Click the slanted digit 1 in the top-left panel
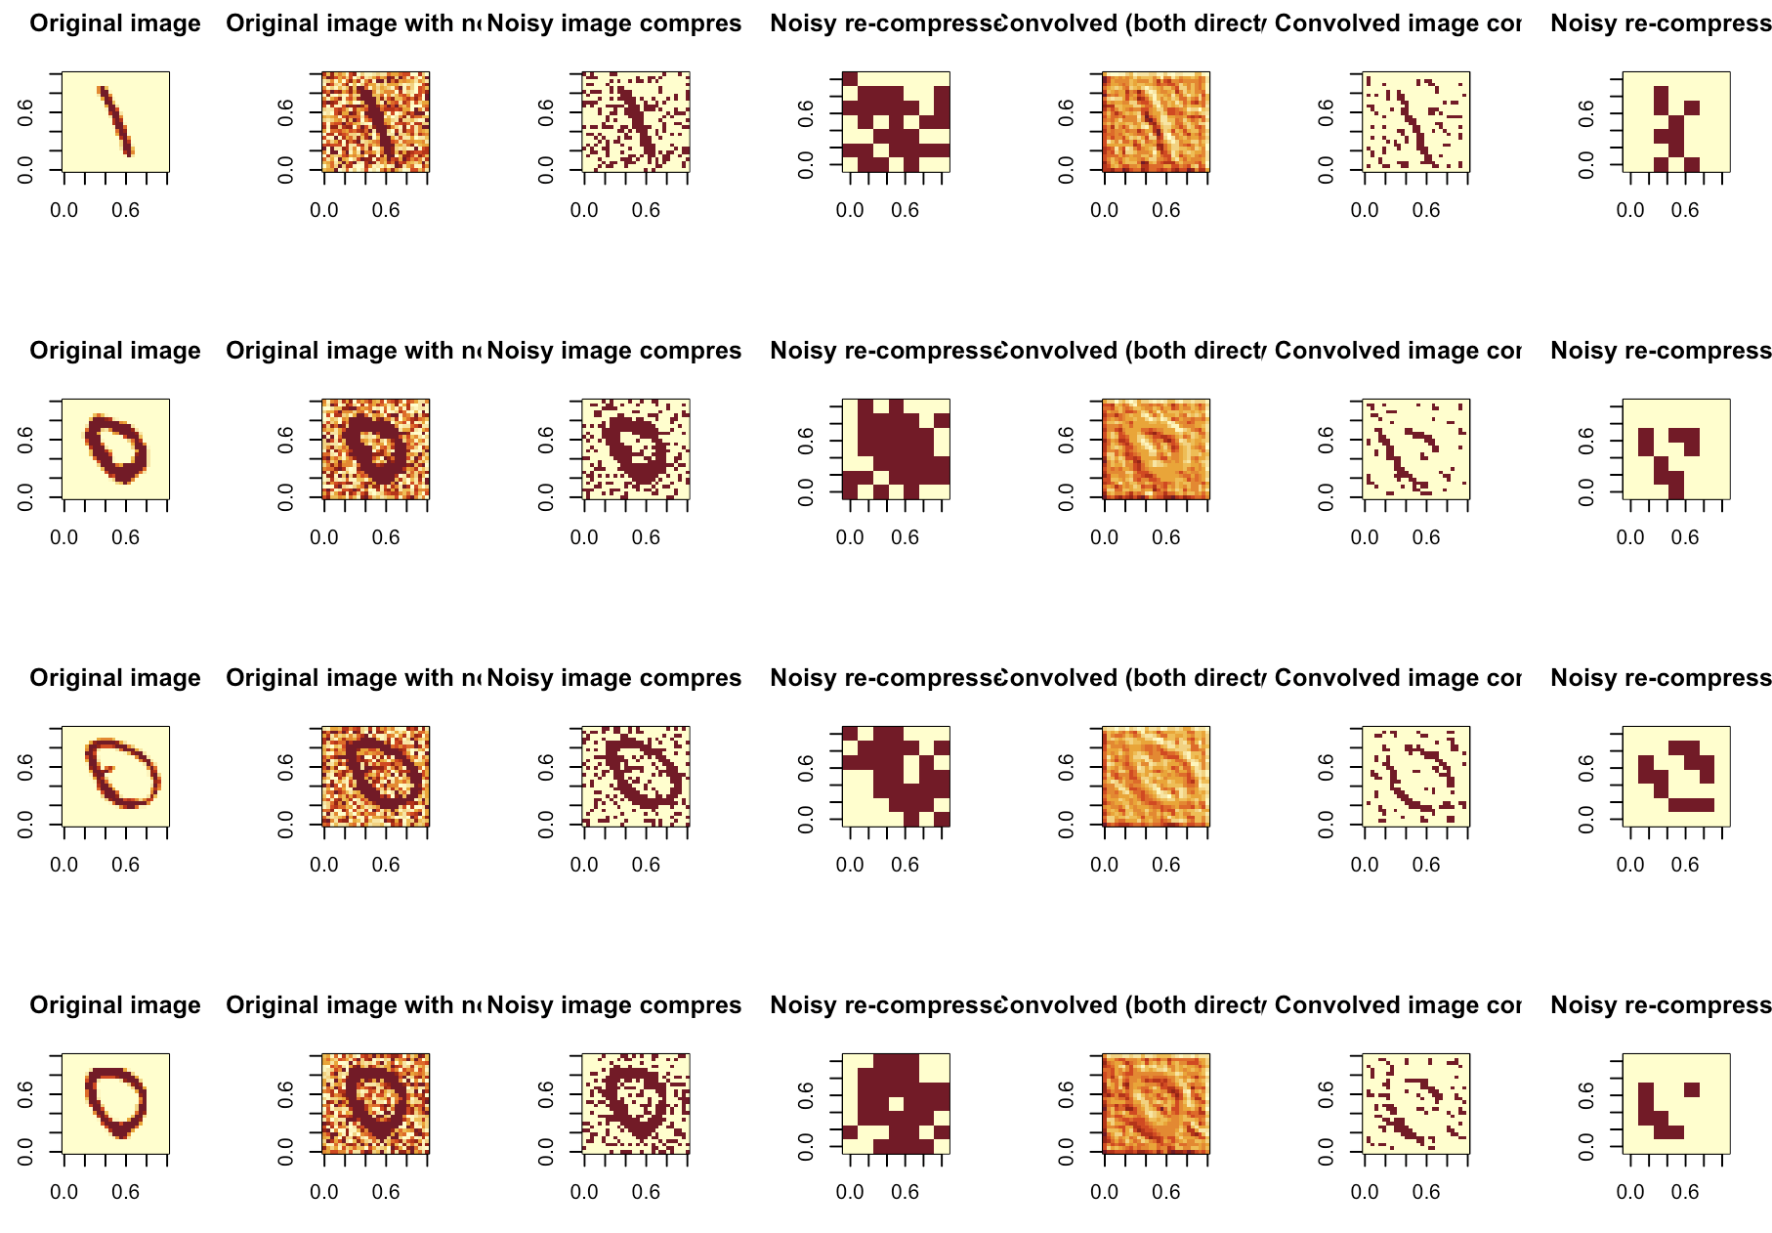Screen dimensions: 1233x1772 click(x=115, y=120)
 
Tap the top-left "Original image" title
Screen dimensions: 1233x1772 click(x=115, y=23)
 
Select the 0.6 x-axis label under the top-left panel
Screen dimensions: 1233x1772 click(x=125, y=210)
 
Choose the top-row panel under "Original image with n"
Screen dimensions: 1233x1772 click(x=375, y=122)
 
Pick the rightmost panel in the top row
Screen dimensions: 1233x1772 click(x=1676, y=122)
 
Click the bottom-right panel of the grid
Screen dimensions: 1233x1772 click(x=1676, y=1104)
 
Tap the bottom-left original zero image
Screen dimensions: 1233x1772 click(x=115, y=1104)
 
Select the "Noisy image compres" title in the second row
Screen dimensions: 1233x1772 click(x=613, y=351)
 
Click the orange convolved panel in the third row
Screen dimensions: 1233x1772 click(x=1156, y=777)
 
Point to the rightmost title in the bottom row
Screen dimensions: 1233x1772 click(x=1660, y=1005)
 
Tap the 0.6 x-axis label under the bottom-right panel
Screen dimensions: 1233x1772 click(x=1685, y=1192)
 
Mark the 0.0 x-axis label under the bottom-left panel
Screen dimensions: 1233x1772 click(x=64, y=1192)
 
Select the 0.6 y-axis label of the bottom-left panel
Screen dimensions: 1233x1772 click(x=26, y=1093)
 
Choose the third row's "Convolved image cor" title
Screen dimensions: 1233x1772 click(x=1397, y=678)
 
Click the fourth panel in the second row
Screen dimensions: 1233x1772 click(x=896, y=449)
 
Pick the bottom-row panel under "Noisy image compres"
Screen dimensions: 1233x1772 click(x=636, y=1104)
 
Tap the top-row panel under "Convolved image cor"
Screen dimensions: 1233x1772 click(x=1416, y=122)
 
